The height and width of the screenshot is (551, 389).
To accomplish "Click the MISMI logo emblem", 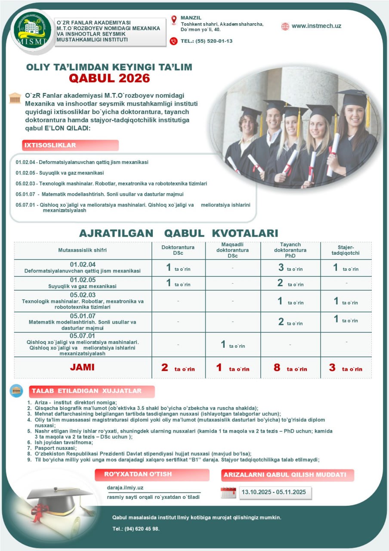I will tap(32, 30).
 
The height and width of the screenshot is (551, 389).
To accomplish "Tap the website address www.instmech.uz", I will tap(316, 26).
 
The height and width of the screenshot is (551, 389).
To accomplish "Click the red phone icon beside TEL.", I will tap(173, 41).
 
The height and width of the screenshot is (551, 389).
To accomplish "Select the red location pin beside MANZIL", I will tap(174, 20).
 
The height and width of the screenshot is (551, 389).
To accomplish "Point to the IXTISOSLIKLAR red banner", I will tap(70, 145).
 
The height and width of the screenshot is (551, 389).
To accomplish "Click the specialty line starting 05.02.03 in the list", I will tap(111, 183).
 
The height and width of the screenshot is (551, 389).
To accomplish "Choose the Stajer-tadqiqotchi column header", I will tap(346, 251).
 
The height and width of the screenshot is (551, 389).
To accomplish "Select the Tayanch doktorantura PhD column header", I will tap(290, 250).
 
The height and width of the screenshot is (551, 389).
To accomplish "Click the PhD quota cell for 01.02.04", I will tap(290, 268).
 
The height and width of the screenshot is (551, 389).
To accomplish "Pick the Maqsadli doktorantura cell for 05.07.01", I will tap(233, 344).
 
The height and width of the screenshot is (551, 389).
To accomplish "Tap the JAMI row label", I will tap(82, 368).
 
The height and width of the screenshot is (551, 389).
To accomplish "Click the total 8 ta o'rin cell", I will tap(290, 368).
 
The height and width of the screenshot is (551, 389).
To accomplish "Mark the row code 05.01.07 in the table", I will tap(82, 316).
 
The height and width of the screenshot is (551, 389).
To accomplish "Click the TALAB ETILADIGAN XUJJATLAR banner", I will tap(92, 391).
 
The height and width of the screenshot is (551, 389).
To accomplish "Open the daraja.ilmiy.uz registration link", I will tap(125, 488).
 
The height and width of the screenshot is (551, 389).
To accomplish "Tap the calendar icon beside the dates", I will tap(228, 492).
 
